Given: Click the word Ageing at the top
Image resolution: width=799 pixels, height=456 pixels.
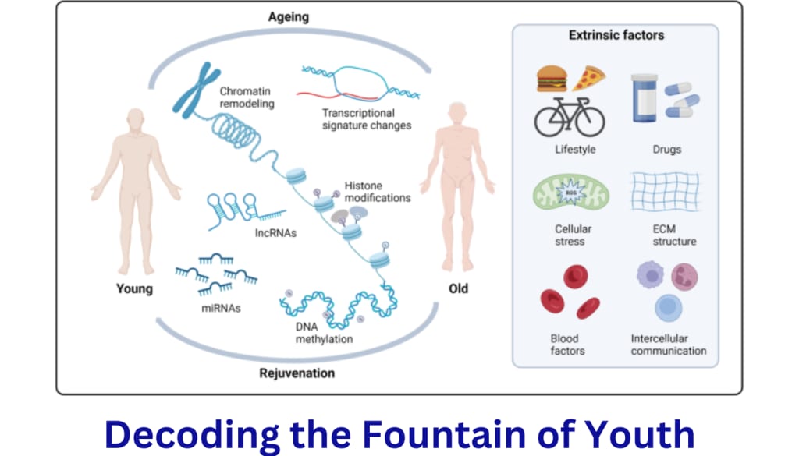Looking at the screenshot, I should click(289, 16).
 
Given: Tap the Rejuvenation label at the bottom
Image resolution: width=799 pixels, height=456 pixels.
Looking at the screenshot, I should click(297, 373).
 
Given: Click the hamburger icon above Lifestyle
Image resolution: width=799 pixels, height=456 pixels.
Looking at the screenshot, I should click(551, 79).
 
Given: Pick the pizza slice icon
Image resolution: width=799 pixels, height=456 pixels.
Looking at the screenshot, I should click(588, 78).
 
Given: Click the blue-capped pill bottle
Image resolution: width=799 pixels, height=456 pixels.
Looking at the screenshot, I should click(644, 97).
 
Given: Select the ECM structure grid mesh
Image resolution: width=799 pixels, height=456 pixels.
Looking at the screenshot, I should click(666, 193).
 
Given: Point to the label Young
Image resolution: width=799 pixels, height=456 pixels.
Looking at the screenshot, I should click(134, 288).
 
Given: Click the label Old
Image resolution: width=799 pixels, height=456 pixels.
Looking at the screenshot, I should click(458, 288).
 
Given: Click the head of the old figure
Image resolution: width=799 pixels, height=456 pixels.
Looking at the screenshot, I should click(456, 114).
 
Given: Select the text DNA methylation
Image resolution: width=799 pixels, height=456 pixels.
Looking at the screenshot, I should click(318, 332).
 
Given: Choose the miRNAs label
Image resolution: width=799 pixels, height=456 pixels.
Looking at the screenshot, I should click(220, 308).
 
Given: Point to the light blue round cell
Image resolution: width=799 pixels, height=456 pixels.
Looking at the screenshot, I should click(668, 307).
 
